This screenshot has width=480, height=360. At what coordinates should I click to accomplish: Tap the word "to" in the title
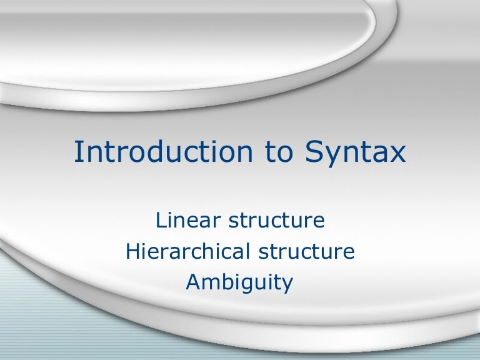[264, 153]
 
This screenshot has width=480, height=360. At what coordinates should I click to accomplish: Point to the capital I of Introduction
[77, 153]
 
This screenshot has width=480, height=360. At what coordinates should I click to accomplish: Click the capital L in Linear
[160, 221]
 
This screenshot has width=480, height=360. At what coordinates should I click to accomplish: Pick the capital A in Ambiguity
[193, 282]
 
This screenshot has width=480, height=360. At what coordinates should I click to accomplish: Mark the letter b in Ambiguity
[227, 282]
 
